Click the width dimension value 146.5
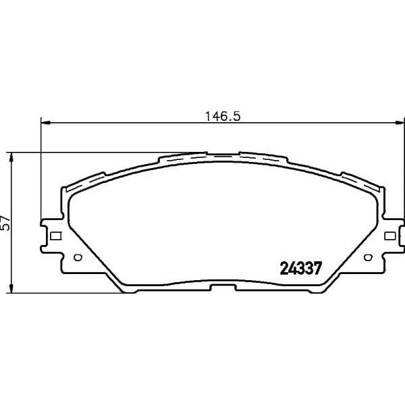point(223,115)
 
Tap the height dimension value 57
point(7,223)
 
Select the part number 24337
point(299,267)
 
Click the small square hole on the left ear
point(56,236)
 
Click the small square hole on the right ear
point(389,236)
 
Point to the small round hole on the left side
point(76,257)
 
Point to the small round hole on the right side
point(368,257)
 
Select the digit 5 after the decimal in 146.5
point(237,115)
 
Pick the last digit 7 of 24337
point(314,267)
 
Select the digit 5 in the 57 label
point(7,227)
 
